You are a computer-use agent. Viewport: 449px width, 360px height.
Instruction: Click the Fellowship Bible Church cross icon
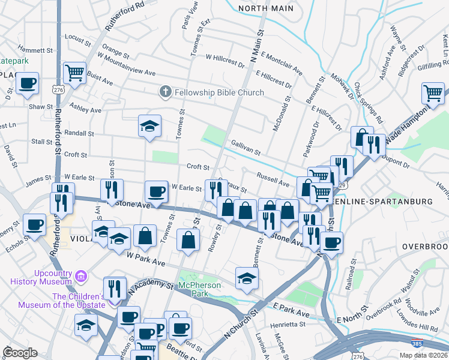pyautogui.click(x=165, y=92)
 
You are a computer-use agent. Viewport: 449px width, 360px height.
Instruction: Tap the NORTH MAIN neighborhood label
pyautogui.click(x=266, y=8)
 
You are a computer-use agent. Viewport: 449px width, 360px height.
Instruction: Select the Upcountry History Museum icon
pyautogui.click(x=81, y=277)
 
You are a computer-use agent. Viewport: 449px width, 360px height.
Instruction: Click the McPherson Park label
pyautogui.click(x=200, y=289)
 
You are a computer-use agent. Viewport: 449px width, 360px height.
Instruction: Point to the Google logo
pyautogui.click(x=20, y=353)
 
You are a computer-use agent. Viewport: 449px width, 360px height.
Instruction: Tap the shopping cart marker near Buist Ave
pyautogui.click(x=75, y=73)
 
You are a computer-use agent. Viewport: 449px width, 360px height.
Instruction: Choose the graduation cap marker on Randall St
pyautogui.click(x=149, y=126)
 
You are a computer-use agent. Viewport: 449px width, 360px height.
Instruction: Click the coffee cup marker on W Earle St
pyautogui.click(x=156, y=192)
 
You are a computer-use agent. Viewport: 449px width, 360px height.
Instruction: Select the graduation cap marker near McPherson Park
pyautogui.click(x=247, y=278)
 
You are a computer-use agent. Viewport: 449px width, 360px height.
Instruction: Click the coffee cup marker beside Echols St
pyautogui.click(x=34, y=225)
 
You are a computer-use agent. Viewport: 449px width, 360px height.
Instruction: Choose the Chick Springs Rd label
pyautogui.click(x=367, y=103)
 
